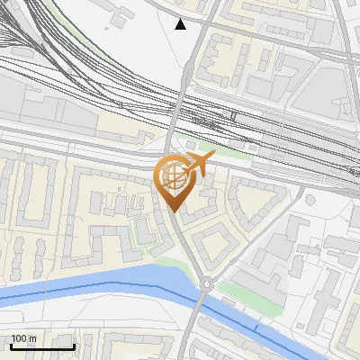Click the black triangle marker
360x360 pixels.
(x=181, y=24)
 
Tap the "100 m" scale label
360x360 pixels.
(x=23, y=338)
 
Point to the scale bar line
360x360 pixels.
(x=42, y=346)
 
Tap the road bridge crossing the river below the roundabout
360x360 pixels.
(x=199, y=310)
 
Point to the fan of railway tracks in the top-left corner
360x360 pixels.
(x=22, y=36)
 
